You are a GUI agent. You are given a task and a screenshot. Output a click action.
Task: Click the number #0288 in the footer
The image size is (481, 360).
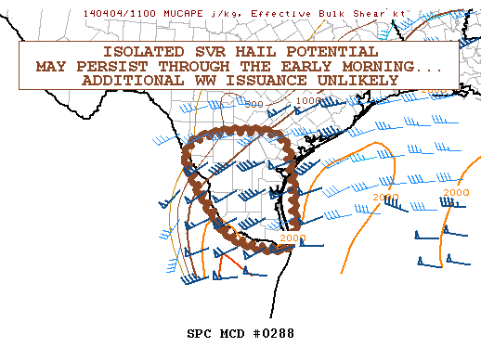[269, 333]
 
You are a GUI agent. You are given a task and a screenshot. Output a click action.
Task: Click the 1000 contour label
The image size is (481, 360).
[308, 100]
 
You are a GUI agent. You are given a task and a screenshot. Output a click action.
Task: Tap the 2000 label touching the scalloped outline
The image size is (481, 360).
[292, 238]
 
